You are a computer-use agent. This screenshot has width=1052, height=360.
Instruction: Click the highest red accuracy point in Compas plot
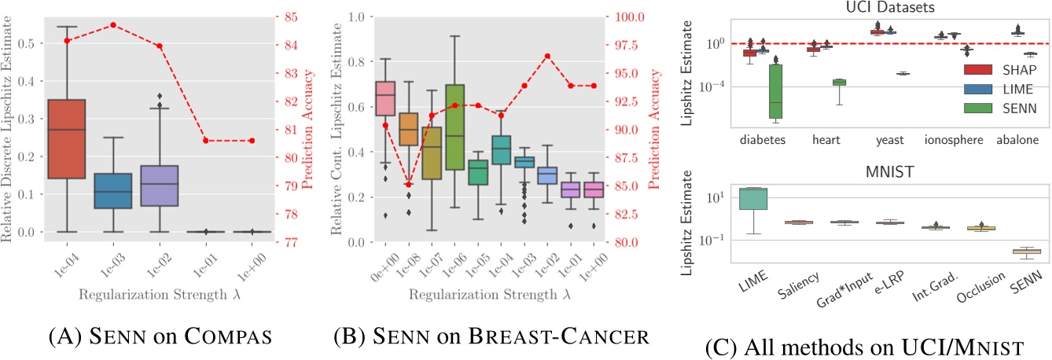coord(113,24)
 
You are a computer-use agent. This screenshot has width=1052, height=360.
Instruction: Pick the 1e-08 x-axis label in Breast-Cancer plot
coord(406,265)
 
